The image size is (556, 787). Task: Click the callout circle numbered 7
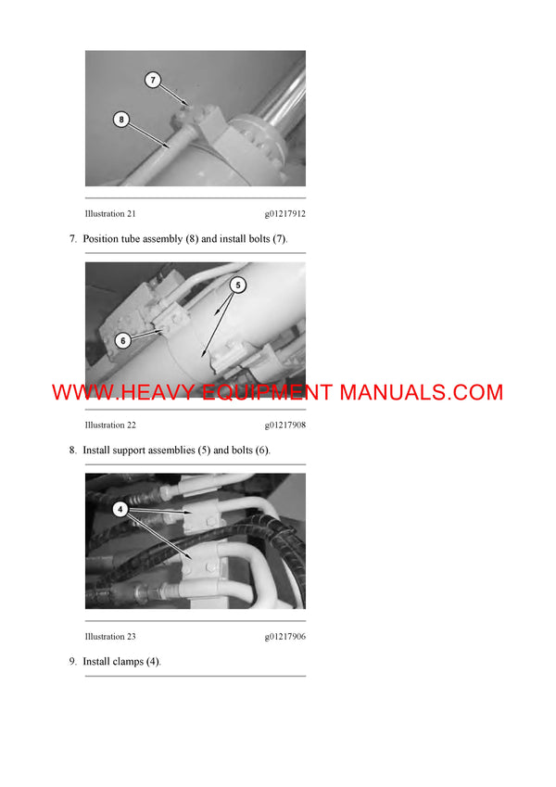click(155, 81)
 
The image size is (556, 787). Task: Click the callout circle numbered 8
click(120, 119)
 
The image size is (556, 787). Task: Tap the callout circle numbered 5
click(237, 286)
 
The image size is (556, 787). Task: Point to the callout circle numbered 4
click(120, 509)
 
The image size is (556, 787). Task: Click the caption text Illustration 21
click(110, 213)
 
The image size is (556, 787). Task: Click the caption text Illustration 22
click(110, 425)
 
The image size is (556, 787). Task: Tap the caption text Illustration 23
click(110, 636)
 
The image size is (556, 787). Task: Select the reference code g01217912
click(284, 213)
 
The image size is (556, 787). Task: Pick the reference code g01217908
click(284, 425)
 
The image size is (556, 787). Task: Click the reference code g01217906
click(284, 636)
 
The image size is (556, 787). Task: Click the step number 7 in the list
click(72, 239)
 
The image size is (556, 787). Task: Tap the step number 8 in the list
click(72, 451)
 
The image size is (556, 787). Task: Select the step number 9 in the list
click(72, 662)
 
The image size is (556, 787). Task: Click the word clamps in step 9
click(127, 662)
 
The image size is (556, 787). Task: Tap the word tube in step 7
click(123, 239)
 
